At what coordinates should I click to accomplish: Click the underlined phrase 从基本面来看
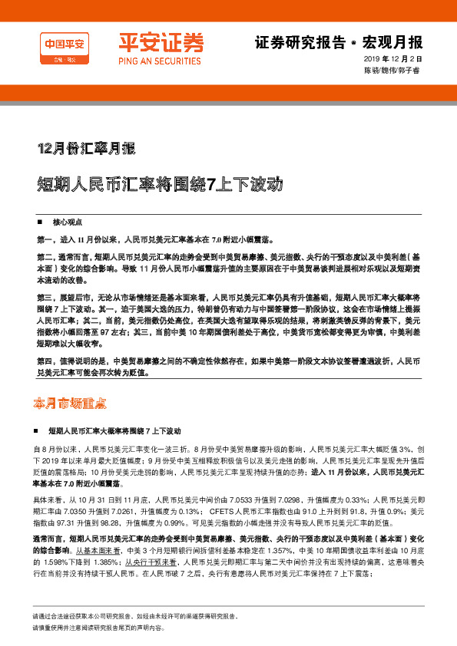[x=95, y=530]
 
